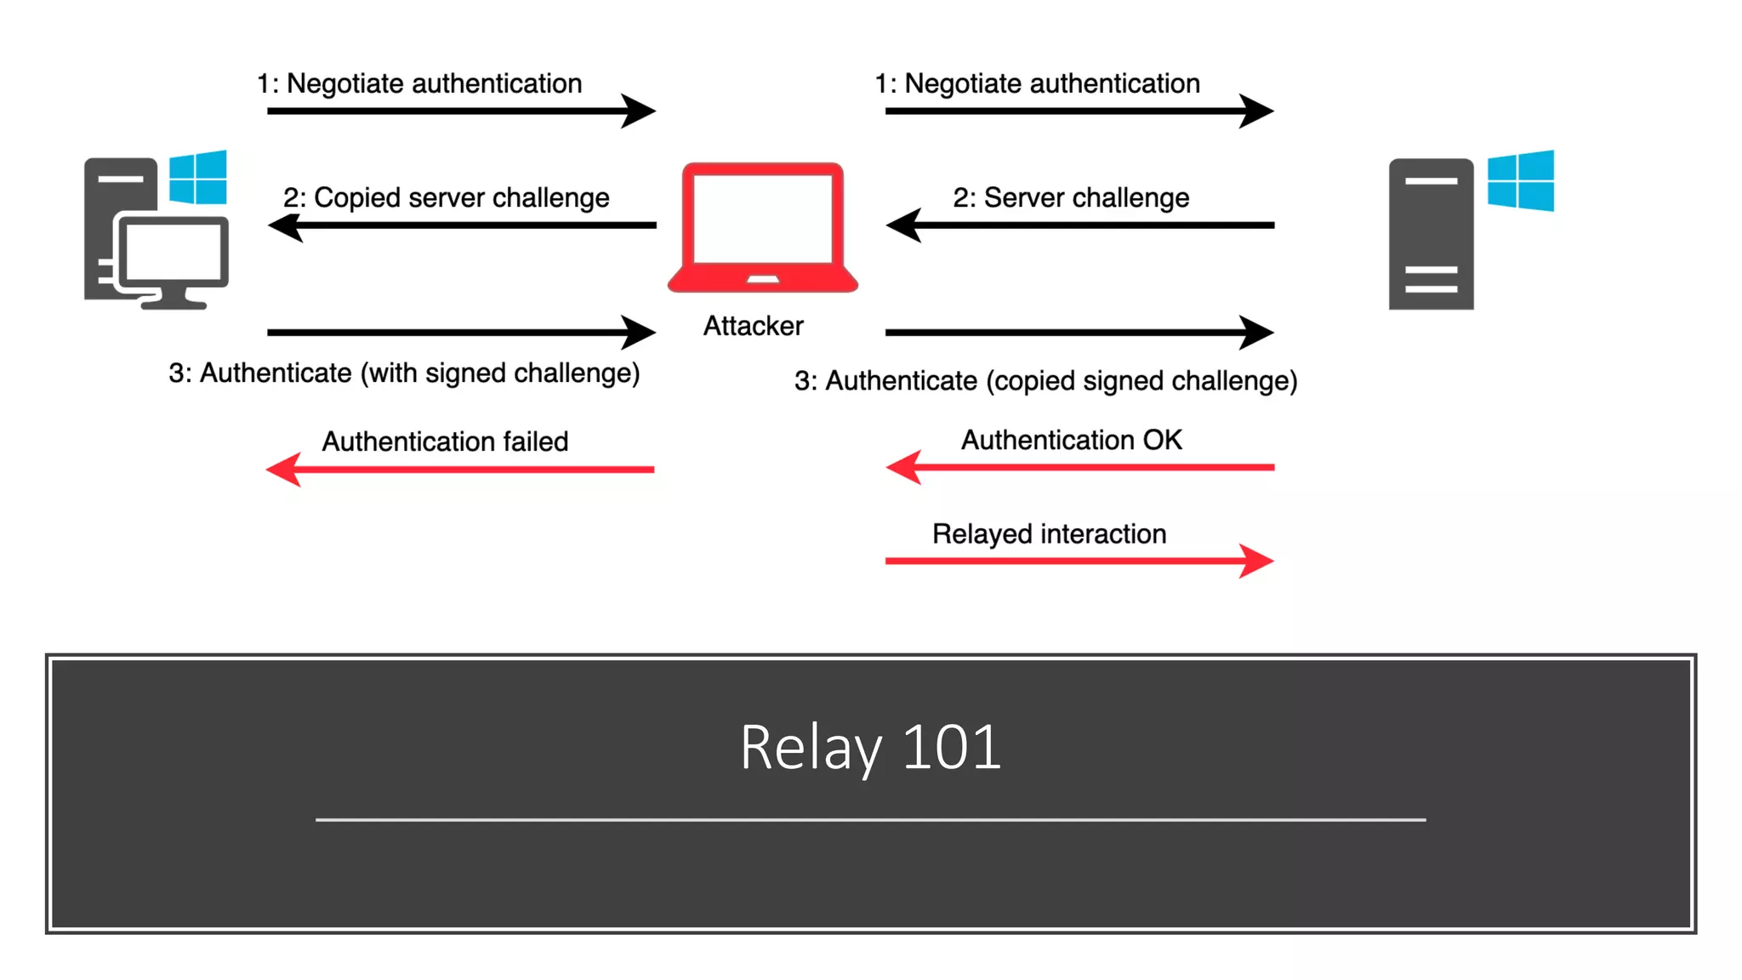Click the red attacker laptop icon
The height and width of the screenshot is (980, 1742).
(x=762, y=227)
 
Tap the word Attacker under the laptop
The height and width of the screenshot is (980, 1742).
(x=753, y=326)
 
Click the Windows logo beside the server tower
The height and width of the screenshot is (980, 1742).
(x=1520, y=180)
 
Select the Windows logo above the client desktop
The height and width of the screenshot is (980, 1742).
(x=198, y=178)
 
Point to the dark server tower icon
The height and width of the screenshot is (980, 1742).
(x=1431, y=234)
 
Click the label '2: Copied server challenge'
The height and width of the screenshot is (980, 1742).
(x=446, y=197)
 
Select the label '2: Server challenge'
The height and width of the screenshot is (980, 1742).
(x=1070, y=197)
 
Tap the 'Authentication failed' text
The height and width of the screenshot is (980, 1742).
(x=444, y=442)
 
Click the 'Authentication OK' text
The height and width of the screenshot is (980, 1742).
(x=1071, y=440)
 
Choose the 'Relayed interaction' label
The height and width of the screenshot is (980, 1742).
(x=1049, y=533)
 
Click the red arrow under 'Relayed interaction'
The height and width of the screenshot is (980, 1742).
(x=1079, y=561)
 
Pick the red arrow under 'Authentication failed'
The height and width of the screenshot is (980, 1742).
(x=460, y=470)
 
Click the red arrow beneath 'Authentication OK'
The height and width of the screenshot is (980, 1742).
(x=1079, y=467)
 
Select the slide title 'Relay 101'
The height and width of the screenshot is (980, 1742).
(x=870, y=747)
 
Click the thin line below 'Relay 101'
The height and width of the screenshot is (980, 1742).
(x=870, y=819)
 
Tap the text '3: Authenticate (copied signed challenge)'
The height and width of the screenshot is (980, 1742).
(x=1045, y=380)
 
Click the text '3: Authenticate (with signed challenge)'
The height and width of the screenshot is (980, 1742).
(x=404, y=373)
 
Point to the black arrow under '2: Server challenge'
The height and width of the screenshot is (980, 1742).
(x=1079, y=225)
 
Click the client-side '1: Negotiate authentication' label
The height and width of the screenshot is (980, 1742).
(x=419, y=83)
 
